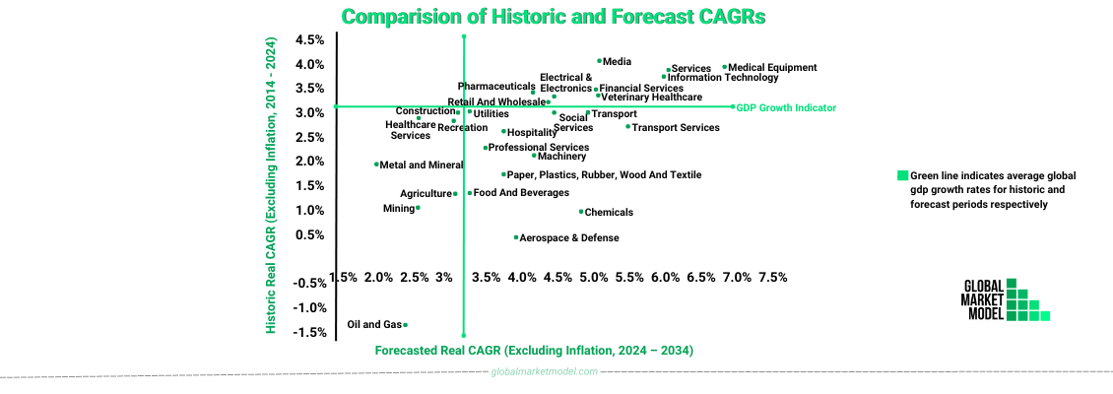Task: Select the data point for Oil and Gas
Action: [x=406, y=325]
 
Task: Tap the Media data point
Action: [x=599, y=61]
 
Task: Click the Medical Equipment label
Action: [x=772, y=68]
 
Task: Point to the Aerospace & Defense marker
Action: [x=516, y=237]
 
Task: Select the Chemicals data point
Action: [x=581, y=212]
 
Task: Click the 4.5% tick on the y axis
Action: [x=310, y=40]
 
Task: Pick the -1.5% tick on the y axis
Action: [x=310, y=332]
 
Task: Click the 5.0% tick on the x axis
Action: [x=593, y=277]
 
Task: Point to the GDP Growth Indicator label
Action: [x=786, y=107]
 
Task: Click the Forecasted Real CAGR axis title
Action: [x=534, y=351]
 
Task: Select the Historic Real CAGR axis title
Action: [x=271, y=185]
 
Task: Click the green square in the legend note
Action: [x=901, y=175]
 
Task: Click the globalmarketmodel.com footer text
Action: [x=545, y=371]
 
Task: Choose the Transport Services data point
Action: [x=627, y=126]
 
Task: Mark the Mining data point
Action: [x=418, y=208]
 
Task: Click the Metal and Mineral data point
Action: [x=376, y=164]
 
